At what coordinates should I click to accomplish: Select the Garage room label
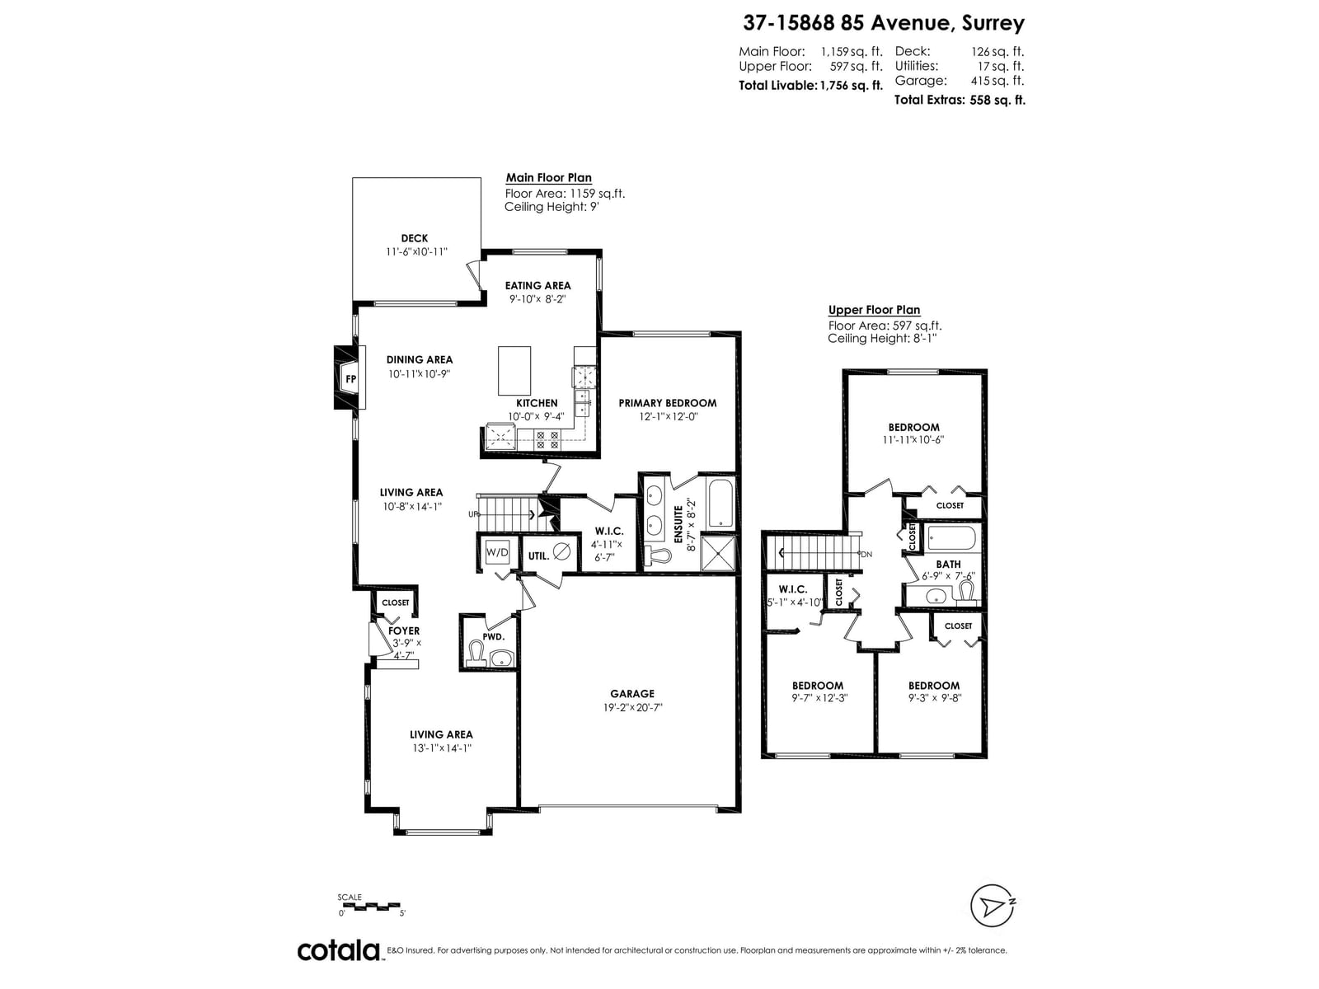[632, 694]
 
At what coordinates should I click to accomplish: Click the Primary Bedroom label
[667, 403]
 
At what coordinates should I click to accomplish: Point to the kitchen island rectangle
[514, 371]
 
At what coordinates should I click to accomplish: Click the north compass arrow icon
[992, 906]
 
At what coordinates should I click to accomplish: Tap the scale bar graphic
[369, 906]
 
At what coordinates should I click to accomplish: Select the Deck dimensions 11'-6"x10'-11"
[416, 252]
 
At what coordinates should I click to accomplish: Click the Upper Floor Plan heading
[874, 310]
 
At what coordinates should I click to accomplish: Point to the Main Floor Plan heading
[549, 178]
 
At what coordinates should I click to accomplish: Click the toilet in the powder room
[476, 654]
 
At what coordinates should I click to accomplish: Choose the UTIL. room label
[538, 556]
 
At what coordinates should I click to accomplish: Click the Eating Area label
[537, 286]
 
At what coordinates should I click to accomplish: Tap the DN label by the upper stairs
[866, 554]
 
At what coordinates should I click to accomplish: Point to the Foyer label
[404, 631]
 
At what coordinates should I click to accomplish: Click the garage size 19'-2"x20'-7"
[632, 708]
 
